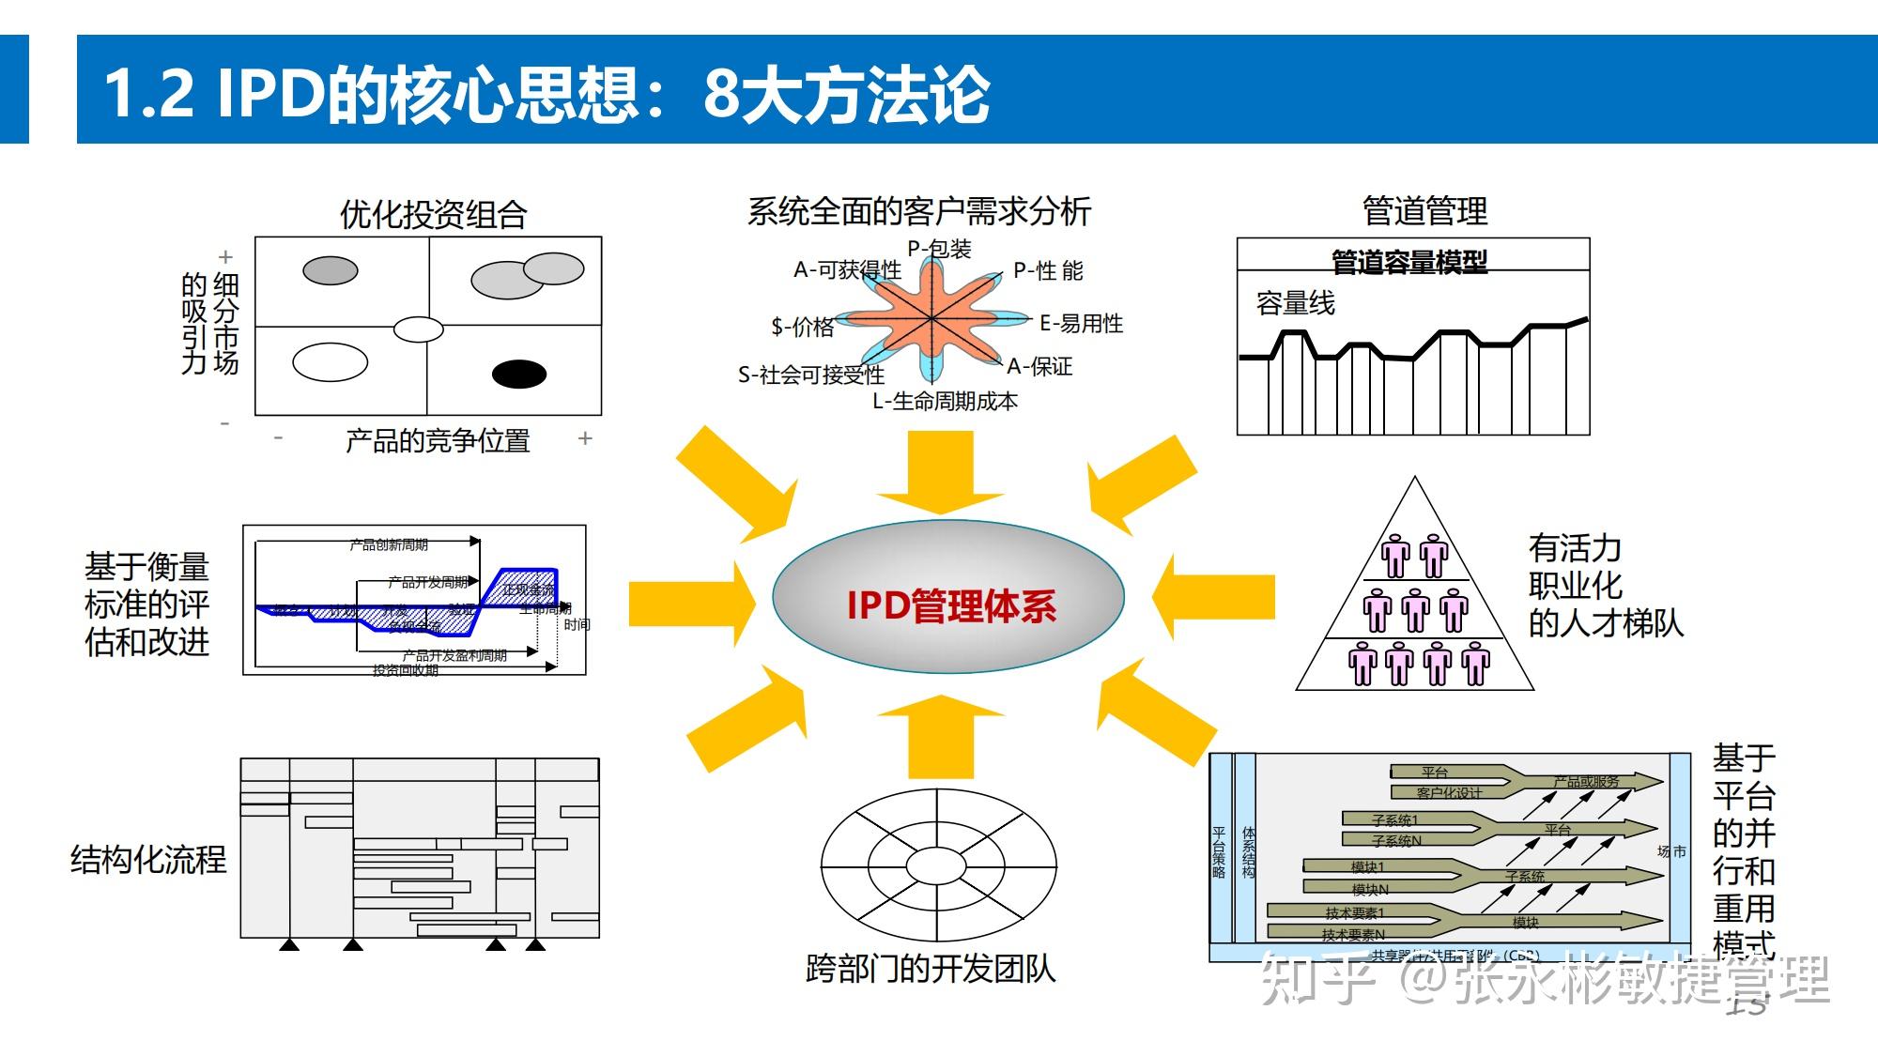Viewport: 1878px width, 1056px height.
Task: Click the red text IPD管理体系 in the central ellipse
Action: (x=950, y=605)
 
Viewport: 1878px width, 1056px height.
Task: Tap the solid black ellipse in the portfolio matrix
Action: (x=519, y=374)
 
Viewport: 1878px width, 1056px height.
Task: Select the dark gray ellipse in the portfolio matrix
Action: (x=331, y=271)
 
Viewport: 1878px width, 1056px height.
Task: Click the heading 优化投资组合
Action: (x=433, y=215)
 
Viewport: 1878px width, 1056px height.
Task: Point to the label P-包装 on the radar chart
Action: (x=939, y=249)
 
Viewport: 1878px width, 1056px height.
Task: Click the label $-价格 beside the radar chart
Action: (x=803, y=327)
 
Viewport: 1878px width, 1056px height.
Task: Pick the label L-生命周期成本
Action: (x=945, y=402)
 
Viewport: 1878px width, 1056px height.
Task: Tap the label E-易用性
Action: (x=1081, y=324)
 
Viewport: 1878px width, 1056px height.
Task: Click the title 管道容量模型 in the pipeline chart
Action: (x=1409, y=262)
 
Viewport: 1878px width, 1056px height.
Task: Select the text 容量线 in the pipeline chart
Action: (x=1295, y=303)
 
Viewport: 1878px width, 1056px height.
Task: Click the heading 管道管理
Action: (x=1424, y=211)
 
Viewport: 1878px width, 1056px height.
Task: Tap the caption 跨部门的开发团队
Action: (x=930, y=969)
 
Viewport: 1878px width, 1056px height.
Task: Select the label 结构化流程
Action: (x=148, y=859)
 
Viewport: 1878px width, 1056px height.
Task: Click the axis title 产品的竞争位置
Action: (x=438, y=440)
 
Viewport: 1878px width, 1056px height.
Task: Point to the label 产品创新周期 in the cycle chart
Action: (x=388, y=544)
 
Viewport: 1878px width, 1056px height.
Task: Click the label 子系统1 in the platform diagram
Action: (x=1394, y=820)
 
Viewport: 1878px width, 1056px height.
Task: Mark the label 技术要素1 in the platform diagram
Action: (x=1354, y=912)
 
